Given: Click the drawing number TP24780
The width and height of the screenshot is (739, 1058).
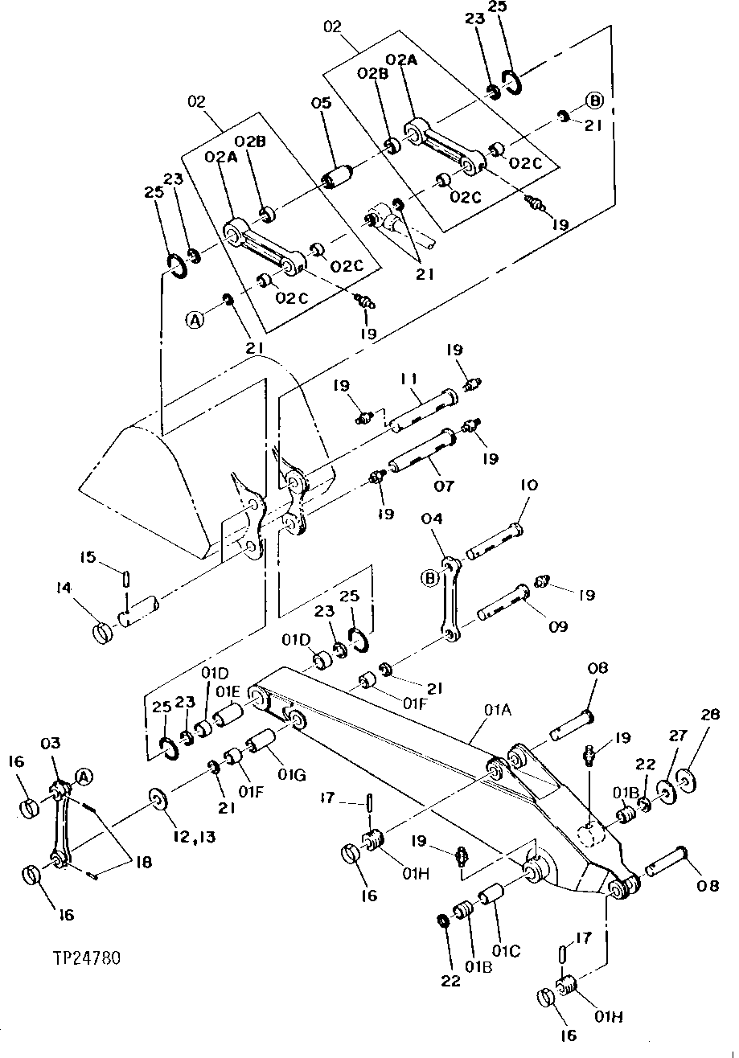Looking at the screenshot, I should (87, 958).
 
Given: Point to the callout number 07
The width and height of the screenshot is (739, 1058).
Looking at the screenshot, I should (444, 486).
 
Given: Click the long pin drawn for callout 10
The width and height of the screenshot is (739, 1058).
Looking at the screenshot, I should (492, 541).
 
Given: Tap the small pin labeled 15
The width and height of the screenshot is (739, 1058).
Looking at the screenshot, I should (126, 579).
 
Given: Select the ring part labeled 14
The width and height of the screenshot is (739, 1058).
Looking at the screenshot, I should (102, 633).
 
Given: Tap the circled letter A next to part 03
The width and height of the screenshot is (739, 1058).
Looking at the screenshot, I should (84, 776).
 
